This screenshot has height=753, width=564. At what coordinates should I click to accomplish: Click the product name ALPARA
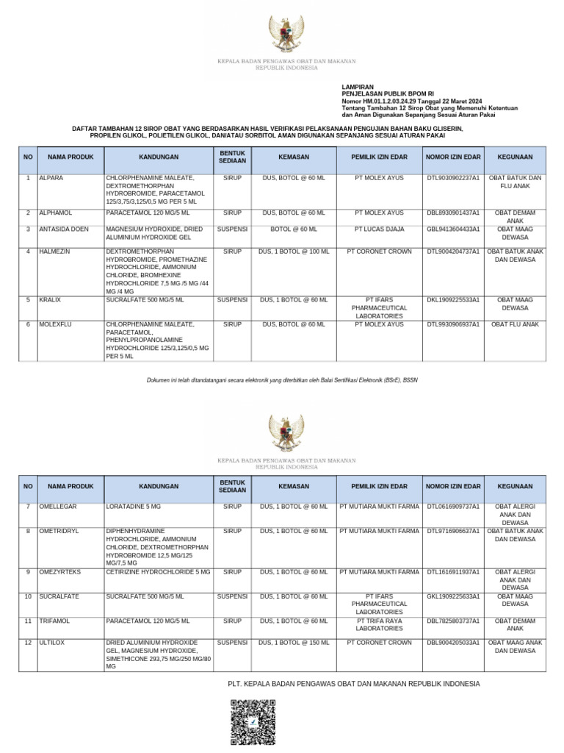(x=51, y=179)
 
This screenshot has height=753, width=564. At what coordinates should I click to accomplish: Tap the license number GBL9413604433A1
(x=453, y=229)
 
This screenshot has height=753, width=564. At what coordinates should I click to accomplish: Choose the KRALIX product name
(x=50, y=300)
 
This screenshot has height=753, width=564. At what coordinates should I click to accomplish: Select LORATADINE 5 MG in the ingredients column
(x=134, y=507)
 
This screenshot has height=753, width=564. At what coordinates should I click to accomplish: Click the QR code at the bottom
(x=253, y=721)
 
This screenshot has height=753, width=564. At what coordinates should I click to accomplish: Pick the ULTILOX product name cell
(x=51, y=643)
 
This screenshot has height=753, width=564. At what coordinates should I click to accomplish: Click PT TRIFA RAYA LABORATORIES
(x=379, y=625)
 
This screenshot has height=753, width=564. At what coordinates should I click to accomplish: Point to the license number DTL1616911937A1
(x=453, y=571)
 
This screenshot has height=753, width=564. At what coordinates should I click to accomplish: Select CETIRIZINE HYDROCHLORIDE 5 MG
(x=158, y=571)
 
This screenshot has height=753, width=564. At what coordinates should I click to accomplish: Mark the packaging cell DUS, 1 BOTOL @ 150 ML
(x=294, y=643)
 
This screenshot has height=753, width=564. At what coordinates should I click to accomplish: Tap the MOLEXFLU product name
(x=57, y=324)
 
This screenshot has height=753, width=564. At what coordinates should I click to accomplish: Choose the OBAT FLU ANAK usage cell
(x=515, y=324)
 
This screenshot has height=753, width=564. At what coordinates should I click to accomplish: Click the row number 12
(x=28, y=643)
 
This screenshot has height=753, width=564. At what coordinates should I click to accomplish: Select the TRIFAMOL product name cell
(x=54, y=621)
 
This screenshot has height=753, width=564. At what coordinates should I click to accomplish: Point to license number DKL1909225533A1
(x=453, y=300)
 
